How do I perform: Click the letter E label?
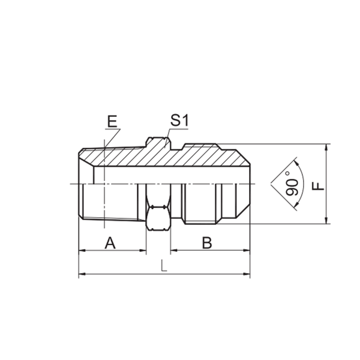pos(112,121)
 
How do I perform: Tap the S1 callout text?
pos(178,120)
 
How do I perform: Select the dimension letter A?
pos(110,243)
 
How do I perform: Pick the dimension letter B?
pos(207,243)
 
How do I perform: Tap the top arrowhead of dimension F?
pos(326,148)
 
